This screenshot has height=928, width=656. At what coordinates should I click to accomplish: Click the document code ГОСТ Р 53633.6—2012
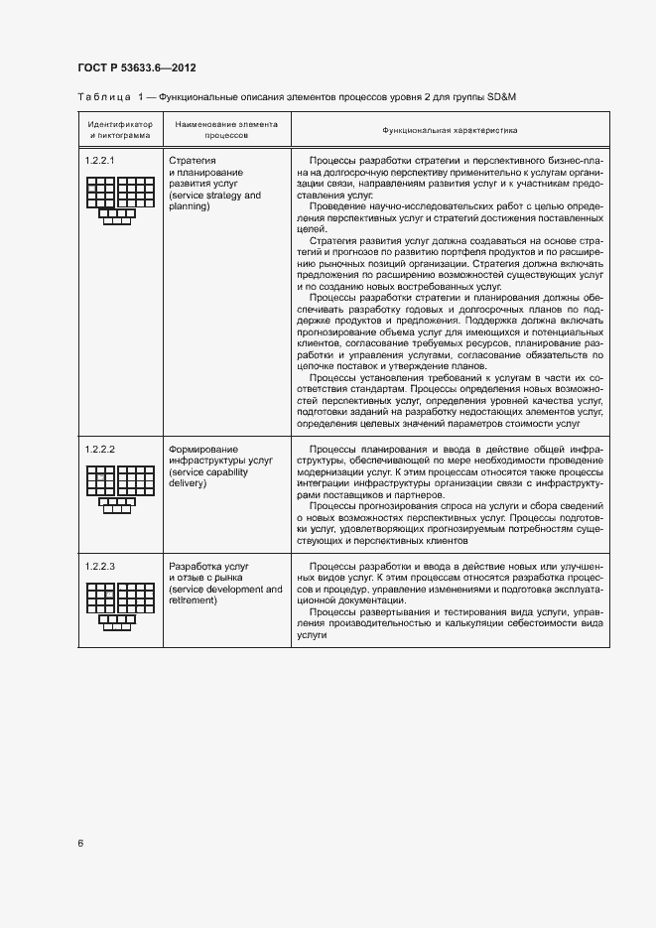pos(136,67)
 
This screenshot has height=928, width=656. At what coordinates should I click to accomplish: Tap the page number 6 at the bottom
pos(80,844)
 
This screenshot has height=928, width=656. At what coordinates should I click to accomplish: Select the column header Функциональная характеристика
pos(450,130)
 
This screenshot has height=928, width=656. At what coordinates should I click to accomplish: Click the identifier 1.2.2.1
pos(100,160)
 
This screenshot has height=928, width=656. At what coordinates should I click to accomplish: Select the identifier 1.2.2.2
pos(100,450)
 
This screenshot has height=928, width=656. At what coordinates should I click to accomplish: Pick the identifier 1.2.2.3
pos(100,566)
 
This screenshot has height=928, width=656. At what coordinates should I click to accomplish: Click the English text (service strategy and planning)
pos(214,201)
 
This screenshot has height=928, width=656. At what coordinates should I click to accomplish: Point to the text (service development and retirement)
pos(225,595)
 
